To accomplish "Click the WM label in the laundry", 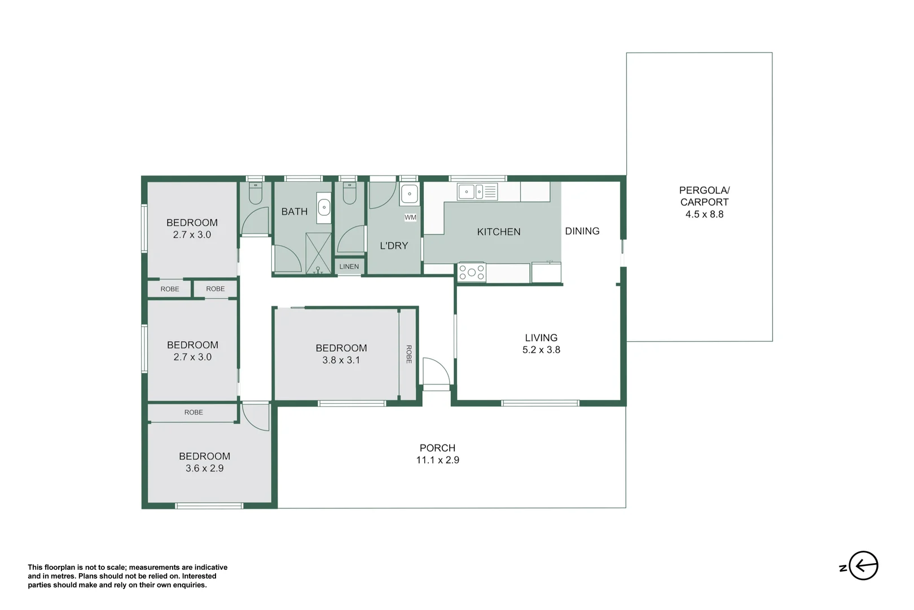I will click(410, 217).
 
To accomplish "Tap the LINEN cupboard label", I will click(349, 267).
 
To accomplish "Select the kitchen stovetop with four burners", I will click(472, 272).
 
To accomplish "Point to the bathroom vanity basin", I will click(324, 207).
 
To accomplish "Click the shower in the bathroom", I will click(318, 253).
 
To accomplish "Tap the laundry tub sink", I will click(409, 194).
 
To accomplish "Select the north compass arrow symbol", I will click(863, 565).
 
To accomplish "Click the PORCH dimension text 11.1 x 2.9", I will click(437, 460).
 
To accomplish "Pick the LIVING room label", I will click(541, 338).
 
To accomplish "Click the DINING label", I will click(582, 231).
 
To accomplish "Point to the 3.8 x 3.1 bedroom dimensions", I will click(341, 360).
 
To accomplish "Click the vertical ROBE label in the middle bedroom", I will click(408, 354).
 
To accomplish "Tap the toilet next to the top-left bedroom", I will click(256, 193).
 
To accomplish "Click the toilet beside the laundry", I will click(349, 193).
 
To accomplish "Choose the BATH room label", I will click(294, 212).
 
